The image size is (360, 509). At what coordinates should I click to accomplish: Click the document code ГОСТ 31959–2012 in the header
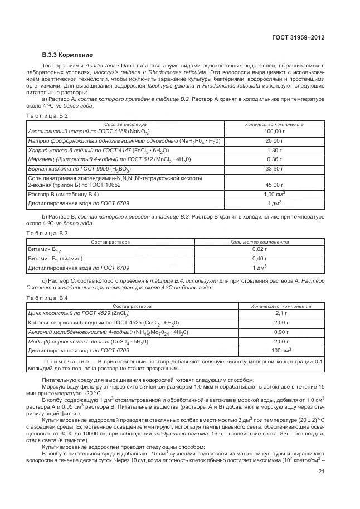[x=297, y=38]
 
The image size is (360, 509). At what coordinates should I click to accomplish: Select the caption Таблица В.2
[x=47, y=115]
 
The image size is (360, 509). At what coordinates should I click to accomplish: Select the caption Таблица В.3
[x=47, y=233]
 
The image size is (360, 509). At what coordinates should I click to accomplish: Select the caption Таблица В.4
[x=47, y=298]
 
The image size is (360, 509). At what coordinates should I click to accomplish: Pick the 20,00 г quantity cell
[x=274, y=142]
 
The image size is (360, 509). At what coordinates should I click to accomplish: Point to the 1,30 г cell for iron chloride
[x=274, y=151]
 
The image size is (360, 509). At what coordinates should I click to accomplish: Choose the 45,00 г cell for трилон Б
[x=274, y=185]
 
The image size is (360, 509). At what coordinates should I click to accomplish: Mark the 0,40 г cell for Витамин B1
[x=259, y=259]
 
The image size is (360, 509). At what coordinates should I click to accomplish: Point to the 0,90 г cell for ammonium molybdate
[x=281, y=332]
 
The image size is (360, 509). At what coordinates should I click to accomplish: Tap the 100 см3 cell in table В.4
[x=281, y=350]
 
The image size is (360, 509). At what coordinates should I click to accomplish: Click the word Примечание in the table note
[x=56, y=362]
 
